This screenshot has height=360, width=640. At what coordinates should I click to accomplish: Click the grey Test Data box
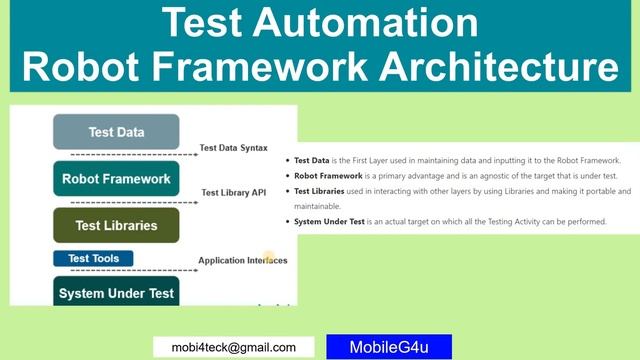coord(116,132)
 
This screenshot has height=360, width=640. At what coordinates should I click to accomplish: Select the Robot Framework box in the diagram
coord(116,180)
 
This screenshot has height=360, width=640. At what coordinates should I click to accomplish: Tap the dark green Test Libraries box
coord(116,226)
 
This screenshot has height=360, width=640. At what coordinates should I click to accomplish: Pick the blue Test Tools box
coord(93,258)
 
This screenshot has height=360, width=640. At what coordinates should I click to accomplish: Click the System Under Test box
coord(116,293)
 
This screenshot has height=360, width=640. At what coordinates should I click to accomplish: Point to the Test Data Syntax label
coord(233,148)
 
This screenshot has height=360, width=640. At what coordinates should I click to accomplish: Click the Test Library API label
coord(233,192)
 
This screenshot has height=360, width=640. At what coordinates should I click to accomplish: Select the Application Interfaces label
coord(242,261)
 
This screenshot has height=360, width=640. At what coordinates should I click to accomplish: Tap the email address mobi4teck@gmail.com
coord(227,347)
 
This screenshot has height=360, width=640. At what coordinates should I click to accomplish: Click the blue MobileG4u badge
coord(389,347)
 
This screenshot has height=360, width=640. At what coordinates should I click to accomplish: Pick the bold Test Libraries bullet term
coord(323,190)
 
